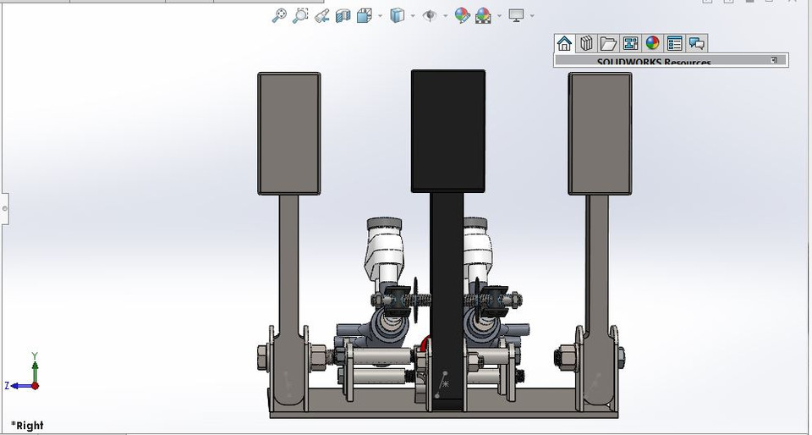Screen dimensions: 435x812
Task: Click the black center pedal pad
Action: (x=447, y=130)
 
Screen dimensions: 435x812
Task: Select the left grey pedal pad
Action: (x=288, y=133)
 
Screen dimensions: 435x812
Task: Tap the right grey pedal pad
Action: (x=600, y=133)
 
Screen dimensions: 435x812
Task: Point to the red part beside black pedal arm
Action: (x=422, y=345)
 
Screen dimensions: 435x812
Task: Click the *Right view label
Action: (x=27, y=425)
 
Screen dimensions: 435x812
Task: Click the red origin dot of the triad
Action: (x=35, y=385)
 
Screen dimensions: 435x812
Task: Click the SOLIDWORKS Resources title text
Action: (x=654, y=62)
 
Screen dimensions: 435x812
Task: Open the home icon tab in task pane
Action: (x=564, y=43)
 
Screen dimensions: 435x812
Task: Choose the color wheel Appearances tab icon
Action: (x=652, y=43)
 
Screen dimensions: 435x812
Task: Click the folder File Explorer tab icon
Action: (x=608, y=43)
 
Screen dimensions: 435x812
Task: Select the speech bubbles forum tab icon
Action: (x=696, y=43)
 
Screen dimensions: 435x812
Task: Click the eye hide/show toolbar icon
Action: (x=430, y=15)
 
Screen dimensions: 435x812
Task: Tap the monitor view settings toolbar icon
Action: (x=516, y=15)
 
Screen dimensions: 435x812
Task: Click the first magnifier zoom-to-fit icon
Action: (x=279, y=15)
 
